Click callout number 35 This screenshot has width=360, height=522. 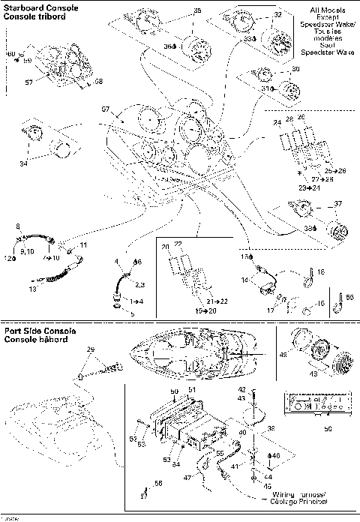coord(197,10)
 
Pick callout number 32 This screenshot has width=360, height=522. coord(277,14)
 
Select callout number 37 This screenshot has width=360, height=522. coord(337,203)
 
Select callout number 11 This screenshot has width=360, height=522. coord(83,245)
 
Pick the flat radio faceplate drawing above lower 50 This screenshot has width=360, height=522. coord(314,406)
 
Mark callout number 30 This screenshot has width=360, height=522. coord(295,69)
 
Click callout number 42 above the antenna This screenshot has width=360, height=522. coord(263,389)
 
